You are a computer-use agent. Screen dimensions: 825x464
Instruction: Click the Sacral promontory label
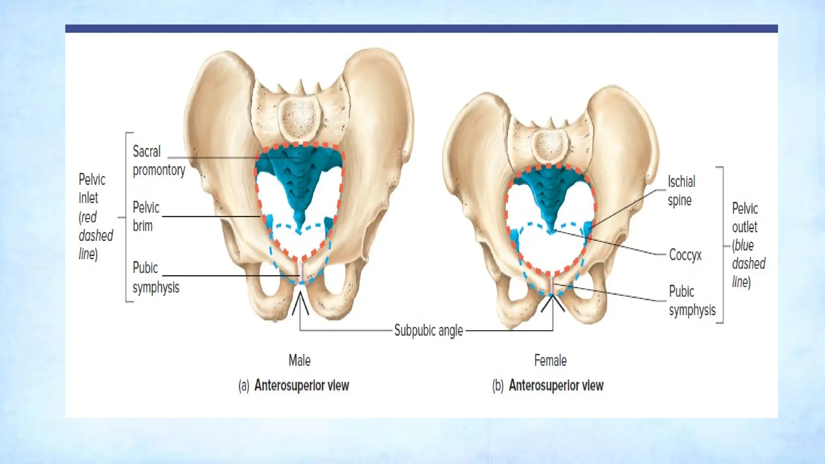[x=159, y=161]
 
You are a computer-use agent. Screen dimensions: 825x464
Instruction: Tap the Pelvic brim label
[x=146, y=216]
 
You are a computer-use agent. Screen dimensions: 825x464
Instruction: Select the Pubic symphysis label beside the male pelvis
[x=155, y=278]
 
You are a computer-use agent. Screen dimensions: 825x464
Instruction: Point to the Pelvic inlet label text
[x=95, y=216]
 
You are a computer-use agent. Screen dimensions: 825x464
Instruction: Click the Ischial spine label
[x=681, y=191]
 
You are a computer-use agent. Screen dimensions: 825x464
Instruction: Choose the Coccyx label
[x=685, y=255]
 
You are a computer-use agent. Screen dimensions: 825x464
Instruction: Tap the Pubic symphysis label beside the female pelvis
[x=692, y=300]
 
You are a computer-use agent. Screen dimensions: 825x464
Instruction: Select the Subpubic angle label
[x=428, y=330]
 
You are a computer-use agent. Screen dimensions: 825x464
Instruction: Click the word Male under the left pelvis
[x=299, y=360]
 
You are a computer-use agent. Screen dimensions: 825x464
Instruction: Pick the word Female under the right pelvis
[x=550, y=360]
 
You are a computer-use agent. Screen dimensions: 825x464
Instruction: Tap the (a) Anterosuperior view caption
[x=294, y=385]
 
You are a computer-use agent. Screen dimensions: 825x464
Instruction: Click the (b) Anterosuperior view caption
[x=548, y=385]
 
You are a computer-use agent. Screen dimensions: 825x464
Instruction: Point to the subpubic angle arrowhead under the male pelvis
[x=300, y=300]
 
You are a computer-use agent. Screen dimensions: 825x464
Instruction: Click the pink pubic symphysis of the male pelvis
[x=300, y=271]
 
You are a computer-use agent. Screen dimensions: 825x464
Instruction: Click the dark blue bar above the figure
[x=421, y=29]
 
